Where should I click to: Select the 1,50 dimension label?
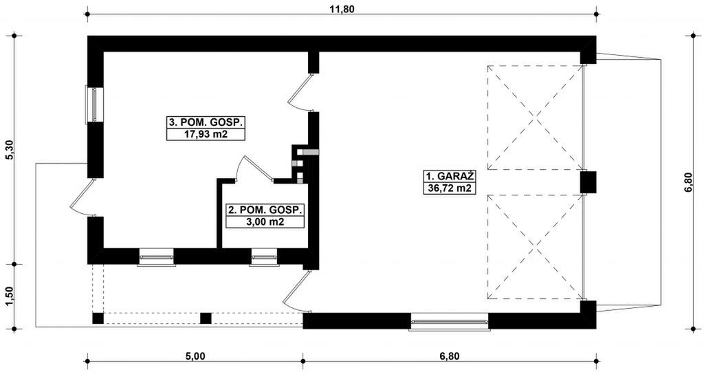(9, 296)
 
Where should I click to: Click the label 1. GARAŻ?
(449, 175)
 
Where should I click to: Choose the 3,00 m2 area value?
(265, 222)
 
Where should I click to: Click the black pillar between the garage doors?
(587, 182)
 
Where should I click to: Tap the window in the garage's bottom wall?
(449, 321)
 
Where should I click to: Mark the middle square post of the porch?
(205, 318)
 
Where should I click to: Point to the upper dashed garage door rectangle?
(534, 118)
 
